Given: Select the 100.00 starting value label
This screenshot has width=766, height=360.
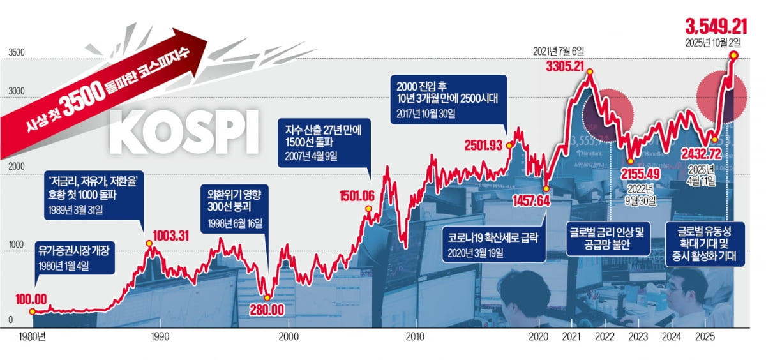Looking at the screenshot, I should pos(32,299).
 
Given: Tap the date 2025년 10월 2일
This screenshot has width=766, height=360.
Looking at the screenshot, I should pos(713,43).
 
